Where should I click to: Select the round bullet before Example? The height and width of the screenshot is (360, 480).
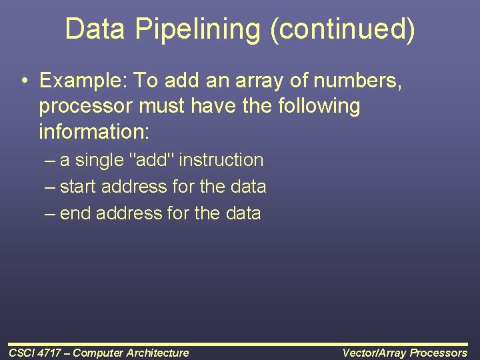pyautogui.click(x=24, y=81)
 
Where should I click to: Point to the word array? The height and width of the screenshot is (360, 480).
pyautogui.click(x=256, y=81)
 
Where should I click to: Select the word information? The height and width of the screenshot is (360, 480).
pyautogui.click(x=94, y=131)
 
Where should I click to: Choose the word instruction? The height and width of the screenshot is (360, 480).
pyautogui.click(x=221, y=160)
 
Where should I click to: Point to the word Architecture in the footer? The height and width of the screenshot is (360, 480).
pyautogui.click(x=158, y=353)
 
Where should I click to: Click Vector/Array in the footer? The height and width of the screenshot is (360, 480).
pyautogui.click(x=373, y=353)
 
